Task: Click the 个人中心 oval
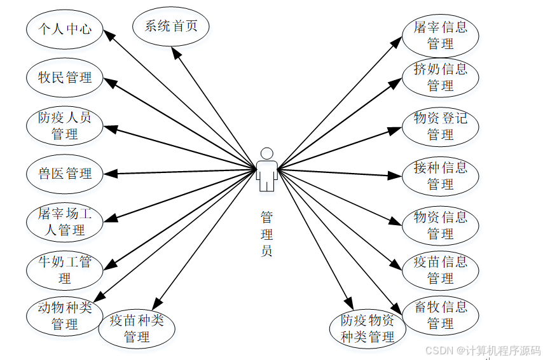(64, 29)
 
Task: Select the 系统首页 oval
(171, 27)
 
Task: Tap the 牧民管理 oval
(64, 78)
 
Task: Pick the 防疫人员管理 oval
(64, 125)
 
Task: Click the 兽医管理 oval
(64, 173)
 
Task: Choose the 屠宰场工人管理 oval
(64, 221)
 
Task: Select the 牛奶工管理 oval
(64, 270)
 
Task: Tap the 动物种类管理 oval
(64, 315)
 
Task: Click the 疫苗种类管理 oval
(137, 328)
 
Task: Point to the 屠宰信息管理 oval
(440, 36)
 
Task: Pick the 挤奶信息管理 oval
(440, 77)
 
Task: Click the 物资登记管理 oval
(440, 126)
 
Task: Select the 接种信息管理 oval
(440, 176)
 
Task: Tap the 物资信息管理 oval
(440, 225)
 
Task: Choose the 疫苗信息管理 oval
(440, 270)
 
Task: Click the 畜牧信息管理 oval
(440, 315)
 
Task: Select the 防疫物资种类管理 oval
(367, 328)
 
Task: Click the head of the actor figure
(267, 154)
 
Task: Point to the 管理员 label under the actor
(267, 233)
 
